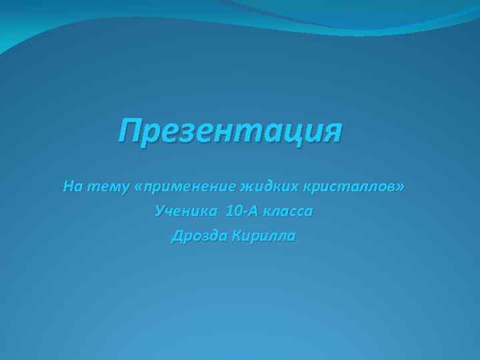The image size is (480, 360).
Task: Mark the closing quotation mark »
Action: tap(399, 187)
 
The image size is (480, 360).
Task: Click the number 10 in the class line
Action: tap(233, 212)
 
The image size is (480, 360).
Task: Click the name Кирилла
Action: tap(263, 237)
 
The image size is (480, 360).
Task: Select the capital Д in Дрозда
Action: tap(177, 237)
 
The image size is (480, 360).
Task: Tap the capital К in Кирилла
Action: tap(235, 237)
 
